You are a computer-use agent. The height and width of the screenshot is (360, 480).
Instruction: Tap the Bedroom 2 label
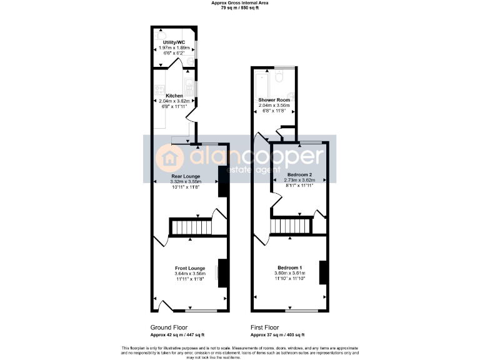pyautogui.click(x=299, y=174)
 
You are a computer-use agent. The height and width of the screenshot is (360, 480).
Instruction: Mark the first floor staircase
pyautogui.click(x=291, y=225)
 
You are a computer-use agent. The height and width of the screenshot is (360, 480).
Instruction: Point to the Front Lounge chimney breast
pyautogui.click(x=222, y=272)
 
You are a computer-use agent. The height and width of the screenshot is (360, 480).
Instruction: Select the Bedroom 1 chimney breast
pyautogui.click(x=323, y=272)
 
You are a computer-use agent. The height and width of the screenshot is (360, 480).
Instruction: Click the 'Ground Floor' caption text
pyautogui.click(x=169, y=327)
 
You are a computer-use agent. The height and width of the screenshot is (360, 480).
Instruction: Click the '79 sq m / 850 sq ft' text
pyautogui.click(x=239, y=7)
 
